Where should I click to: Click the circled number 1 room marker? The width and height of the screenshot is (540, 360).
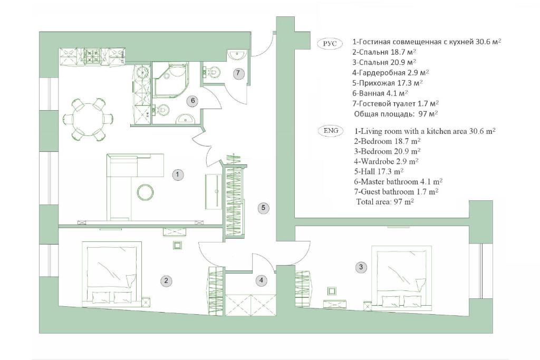click(x=177, y=174)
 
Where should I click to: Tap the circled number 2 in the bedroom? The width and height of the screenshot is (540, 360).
click(x=166, y=280)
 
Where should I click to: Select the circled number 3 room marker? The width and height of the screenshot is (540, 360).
click(x=361, y=267)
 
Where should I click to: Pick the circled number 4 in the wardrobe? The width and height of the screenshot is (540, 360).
click(x=261, y=280)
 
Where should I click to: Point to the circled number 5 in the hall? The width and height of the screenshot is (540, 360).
click(x=263, y=208)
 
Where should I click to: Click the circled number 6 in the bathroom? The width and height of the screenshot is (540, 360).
click(x=192, y=101)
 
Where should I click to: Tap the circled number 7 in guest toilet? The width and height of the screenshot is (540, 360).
click(x=238, y=73)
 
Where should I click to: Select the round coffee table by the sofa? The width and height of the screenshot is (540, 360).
click(x=145, y=192)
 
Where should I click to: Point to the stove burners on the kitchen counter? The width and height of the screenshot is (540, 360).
click(x=93, y=55)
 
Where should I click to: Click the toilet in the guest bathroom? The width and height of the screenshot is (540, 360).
click(x=213, y=72)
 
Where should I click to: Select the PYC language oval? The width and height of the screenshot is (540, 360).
click(x=330, y=44)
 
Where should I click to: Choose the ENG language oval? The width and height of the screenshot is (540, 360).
click(x=331, y=131)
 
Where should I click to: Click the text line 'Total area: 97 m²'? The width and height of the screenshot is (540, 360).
click(x=384, y=202)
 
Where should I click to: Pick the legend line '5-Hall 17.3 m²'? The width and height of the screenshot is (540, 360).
click(x=379, y=171)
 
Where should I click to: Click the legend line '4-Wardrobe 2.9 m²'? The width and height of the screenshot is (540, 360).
click(x=386, y=161)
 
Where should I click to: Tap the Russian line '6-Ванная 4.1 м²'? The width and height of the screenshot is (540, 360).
click(x=380, y=93)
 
